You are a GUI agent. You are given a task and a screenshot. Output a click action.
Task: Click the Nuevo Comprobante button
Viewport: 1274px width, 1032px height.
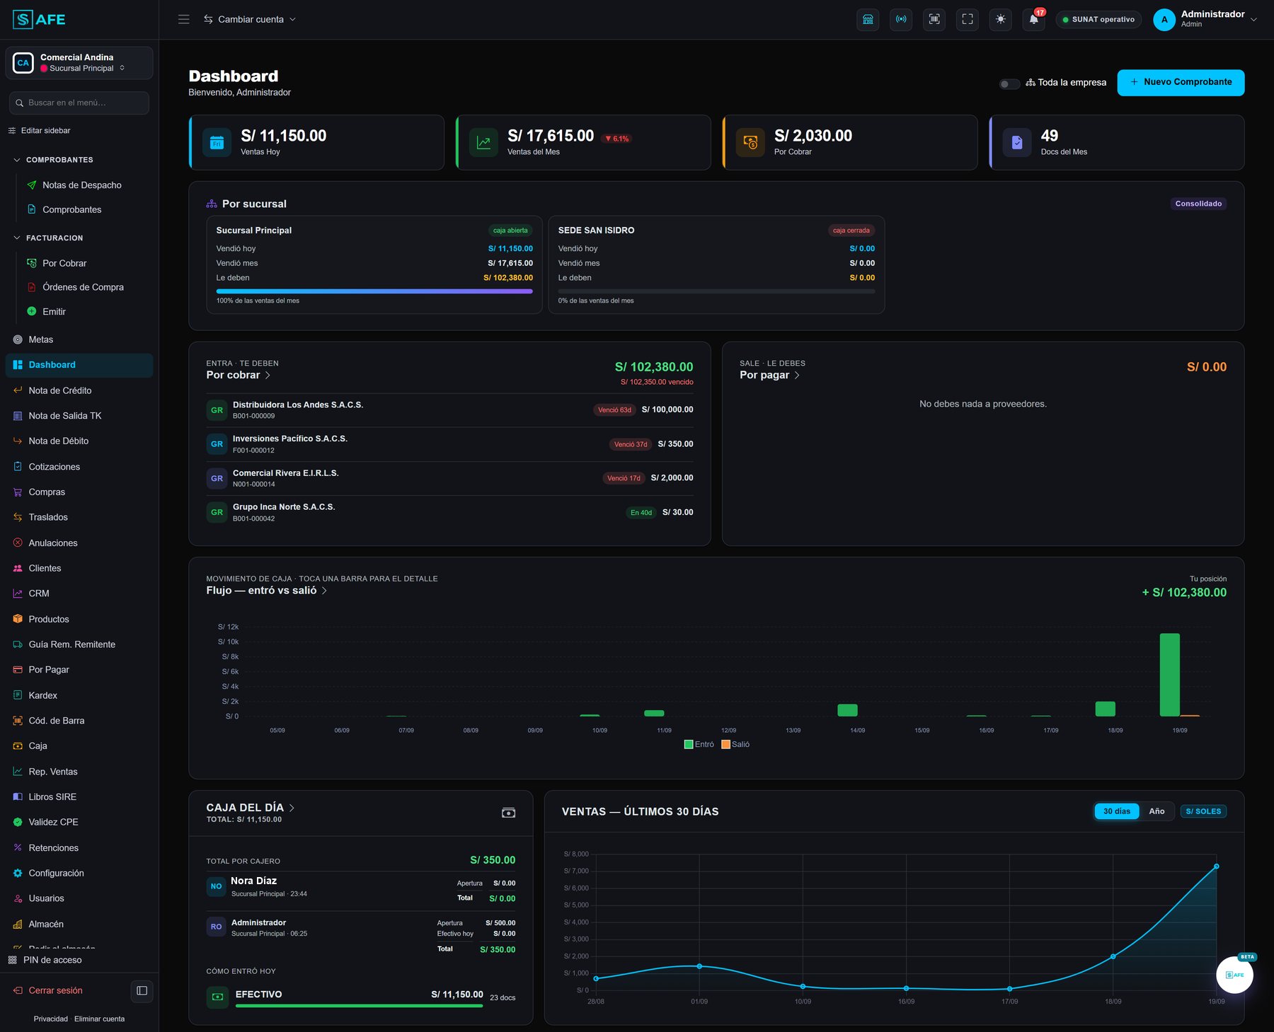(x=1181, y=82)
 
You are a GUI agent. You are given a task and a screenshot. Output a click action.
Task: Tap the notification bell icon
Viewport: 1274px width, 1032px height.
(x=1033, y=20)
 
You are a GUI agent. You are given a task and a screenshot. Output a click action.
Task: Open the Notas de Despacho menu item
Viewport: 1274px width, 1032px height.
(x=82, y=185)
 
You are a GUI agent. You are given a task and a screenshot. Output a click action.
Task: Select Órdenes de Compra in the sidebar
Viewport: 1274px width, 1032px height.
(x=83, y=287)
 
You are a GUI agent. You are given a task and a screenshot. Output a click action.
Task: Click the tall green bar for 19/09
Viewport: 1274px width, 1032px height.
(x=1169, y=675)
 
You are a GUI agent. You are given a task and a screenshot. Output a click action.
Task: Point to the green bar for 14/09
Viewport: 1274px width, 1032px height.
(x=847, y=710)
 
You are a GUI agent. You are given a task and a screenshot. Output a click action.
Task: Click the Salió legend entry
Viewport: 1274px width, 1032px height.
(x=735, y=744)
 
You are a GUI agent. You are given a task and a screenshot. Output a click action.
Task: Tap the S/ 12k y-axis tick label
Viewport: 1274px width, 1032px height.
(x=229, y=627)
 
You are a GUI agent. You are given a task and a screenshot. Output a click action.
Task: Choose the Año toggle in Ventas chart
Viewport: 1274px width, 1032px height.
(x=1157, y=811)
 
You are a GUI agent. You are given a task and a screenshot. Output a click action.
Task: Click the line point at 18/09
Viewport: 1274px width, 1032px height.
(x=1113, y=956)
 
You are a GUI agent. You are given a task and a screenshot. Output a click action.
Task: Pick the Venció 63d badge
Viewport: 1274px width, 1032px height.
(x=614, y=410)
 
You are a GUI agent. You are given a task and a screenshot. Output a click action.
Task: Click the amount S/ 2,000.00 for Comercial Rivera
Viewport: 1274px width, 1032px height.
(x=672, y=478)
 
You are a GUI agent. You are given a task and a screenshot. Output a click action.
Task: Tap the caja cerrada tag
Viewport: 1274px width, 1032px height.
(x=851, y=231)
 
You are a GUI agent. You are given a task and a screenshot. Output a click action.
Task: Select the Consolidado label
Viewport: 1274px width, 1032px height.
(x=1198, y=204)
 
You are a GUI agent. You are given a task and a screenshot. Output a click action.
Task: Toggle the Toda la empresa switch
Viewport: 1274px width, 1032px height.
(x=1009, y=83)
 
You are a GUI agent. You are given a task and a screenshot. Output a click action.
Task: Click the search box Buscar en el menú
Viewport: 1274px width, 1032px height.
(x=79, y=103)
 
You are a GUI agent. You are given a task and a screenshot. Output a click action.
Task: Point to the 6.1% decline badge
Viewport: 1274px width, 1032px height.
(x=617, y=139)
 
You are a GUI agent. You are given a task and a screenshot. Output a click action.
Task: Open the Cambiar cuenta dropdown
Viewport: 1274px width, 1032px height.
(x=250, y=20)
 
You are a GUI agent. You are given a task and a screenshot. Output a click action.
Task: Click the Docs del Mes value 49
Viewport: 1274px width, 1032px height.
(x=1050, y=136)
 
